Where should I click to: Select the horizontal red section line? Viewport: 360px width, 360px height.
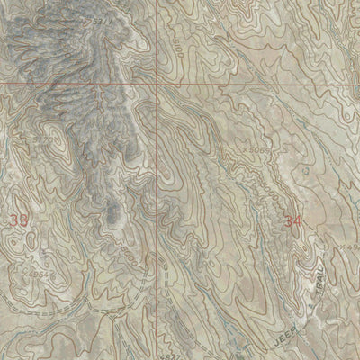point(261,85)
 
